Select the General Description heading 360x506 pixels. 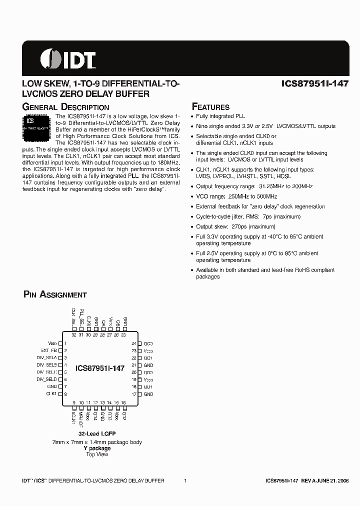(x=66, y=107)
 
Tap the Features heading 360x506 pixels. (x=211, y=107)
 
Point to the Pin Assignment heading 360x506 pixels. (x=55, y=294)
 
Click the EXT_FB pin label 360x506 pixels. (x=49, y=350)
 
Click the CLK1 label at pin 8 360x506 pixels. (x=52, y=394)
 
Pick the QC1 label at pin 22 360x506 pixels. (x=148, y=358)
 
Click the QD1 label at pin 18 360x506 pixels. (x=148, y=387)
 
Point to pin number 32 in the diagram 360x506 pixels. (x=73, y=335)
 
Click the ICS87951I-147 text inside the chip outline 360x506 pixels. (x=99, y=367)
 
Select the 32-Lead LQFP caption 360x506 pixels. (x=97, y=434)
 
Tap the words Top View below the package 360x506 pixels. (x=97, y=454)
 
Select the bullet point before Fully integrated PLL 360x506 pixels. (x=192, y=116)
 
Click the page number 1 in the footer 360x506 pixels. (x=185, y=480)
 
